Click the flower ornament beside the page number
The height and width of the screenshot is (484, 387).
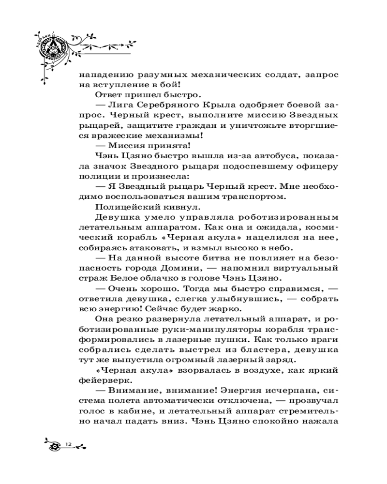[x=56, y=445]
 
